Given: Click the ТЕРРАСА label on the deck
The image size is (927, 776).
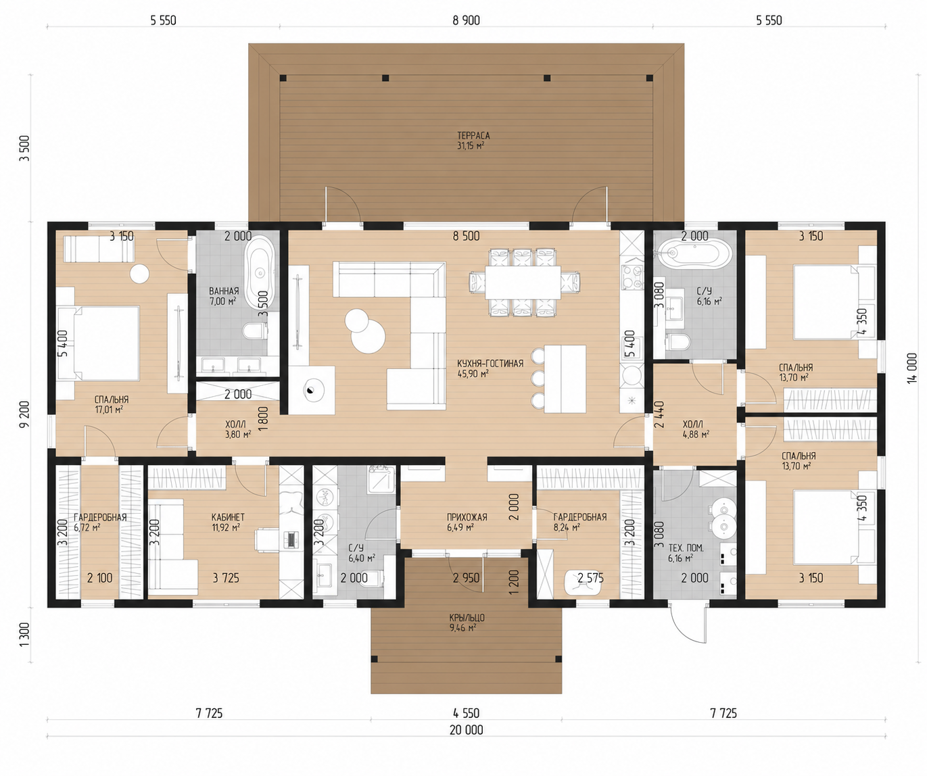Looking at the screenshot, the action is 473,135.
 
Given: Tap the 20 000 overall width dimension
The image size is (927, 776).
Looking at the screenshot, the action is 466,730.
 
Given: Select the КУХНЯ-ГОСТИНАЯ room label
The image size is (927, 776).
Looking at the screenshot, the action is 490,364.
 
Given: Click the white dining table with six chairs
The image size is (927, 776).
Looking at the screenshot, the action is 523,283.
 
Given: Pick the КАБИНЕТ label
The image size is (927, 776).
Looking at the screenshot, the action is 228,517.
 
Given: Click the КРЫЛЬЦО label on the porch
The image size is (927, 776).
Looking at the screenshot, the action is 467,618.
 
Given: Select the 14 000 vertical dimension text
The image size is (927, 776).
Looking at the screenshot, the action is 912,368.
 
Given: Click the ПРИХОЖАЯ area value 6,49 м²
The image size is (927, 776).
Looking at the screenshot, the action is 460,528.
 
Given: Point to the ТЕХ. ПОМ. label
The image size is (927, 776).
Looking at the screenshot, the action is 686,548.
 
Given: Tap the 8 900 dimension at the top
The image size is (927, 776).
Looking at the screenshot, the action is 466,20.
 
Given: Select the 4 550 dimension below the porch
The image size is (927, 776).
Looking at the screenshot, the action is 466,713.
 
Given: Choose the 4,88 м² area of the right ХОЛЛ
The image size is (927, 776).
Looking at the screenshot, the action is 695,434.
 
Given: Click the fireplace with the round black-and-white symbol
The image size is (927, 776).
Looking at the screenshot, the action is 312,390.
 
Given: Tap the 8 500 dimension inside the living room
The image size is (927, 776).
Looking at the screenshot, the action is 466,236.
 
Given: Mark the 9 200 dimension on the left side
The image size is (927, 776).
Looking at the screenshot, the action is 25,414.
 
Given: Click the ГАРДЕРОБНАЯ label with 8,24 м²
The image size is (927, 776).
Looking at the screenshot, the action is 580,517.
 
